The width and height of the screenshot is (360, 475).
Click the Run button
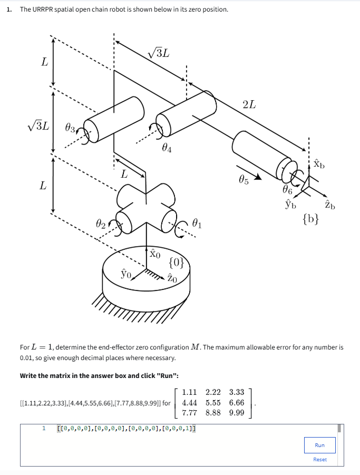[x=320, y=445]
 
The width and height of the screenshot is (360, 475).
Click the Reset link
[x=320, y=460]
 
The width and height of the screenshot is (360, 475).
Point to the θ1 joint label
[x=197, y=224]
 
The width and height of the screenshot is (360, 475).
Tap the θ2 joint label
[x=101, y=224]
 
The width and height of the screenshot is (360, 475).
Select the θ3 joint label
[x=70, y=129]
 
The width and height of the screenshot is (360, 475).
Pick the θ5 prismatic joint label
[x=244, y=180]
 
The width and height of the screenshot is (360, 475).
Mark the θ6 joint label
[x=287, y=190]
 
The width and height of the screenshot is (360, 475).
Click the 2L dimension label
[x=249, y=104]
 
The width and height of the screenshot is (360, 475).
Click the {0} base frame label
[x=176, y=263]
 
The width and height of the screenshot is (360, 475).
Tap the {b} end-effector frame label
[x=310, y=219]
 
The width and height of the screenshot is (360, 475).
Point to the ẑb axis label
[x=330, y=205]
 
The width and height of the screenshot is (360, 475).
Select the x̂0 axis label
[x=155, y=253]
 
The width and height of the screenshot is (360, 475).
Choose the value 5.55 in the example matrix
[x=213, y=403]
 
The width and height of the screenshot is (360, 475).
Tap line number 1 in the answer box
[x=44, y=429]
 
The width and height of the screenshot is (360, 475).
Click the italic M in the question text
[x=196, y=347]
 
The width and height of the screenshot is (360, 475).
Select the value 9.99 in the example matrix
[x=237, y=413]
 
